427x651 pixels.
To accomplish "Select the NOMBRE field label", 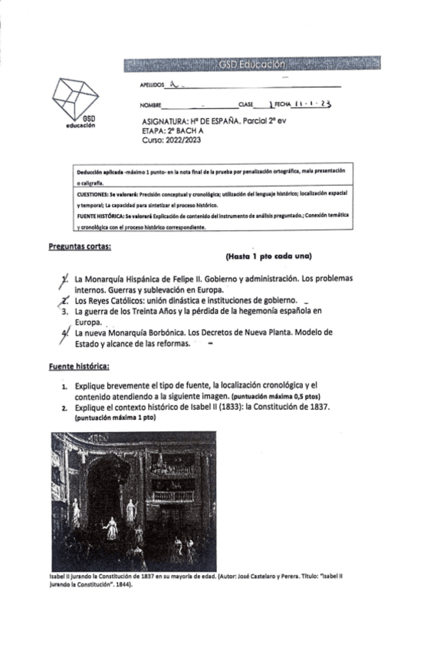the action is pos(150,104).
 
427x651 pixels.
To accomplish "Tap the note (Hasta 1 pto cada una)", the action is pos(272,256).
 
